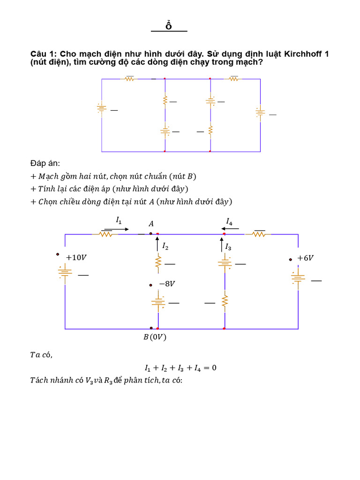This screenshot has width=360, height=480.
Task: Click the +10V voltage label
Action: coord(76,257)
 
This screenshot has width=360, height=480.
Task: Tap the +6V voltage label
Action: coord(305,258)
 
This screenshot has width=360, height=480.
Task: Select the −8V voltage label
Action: coord(167,284)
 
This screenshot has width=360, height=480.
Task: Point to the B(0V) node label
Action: coord(155,337)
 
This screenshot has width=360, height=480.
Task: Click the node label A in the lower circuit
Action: coord(151,224)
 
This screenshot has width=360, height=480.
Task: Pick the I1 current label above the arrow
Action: coord(119,219)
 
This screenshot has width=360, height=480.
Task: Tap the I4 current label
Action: coord(229,220)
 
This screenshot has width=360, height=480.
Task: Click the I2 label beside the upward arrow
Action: coord(165,246)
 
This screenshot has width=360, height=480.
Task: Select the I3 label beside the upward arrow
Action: coord(228,246)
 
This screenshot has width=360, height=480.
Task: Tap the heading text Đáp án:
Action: coord(45,163)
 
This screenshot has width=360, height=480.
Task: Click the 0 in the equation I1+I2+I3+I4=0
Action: coord(214,368)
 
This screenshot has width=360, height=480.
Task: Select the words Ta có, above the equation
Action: coord(41,354)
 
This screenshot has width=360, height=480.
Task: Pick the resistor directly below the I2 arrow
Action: coord(158,263)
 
